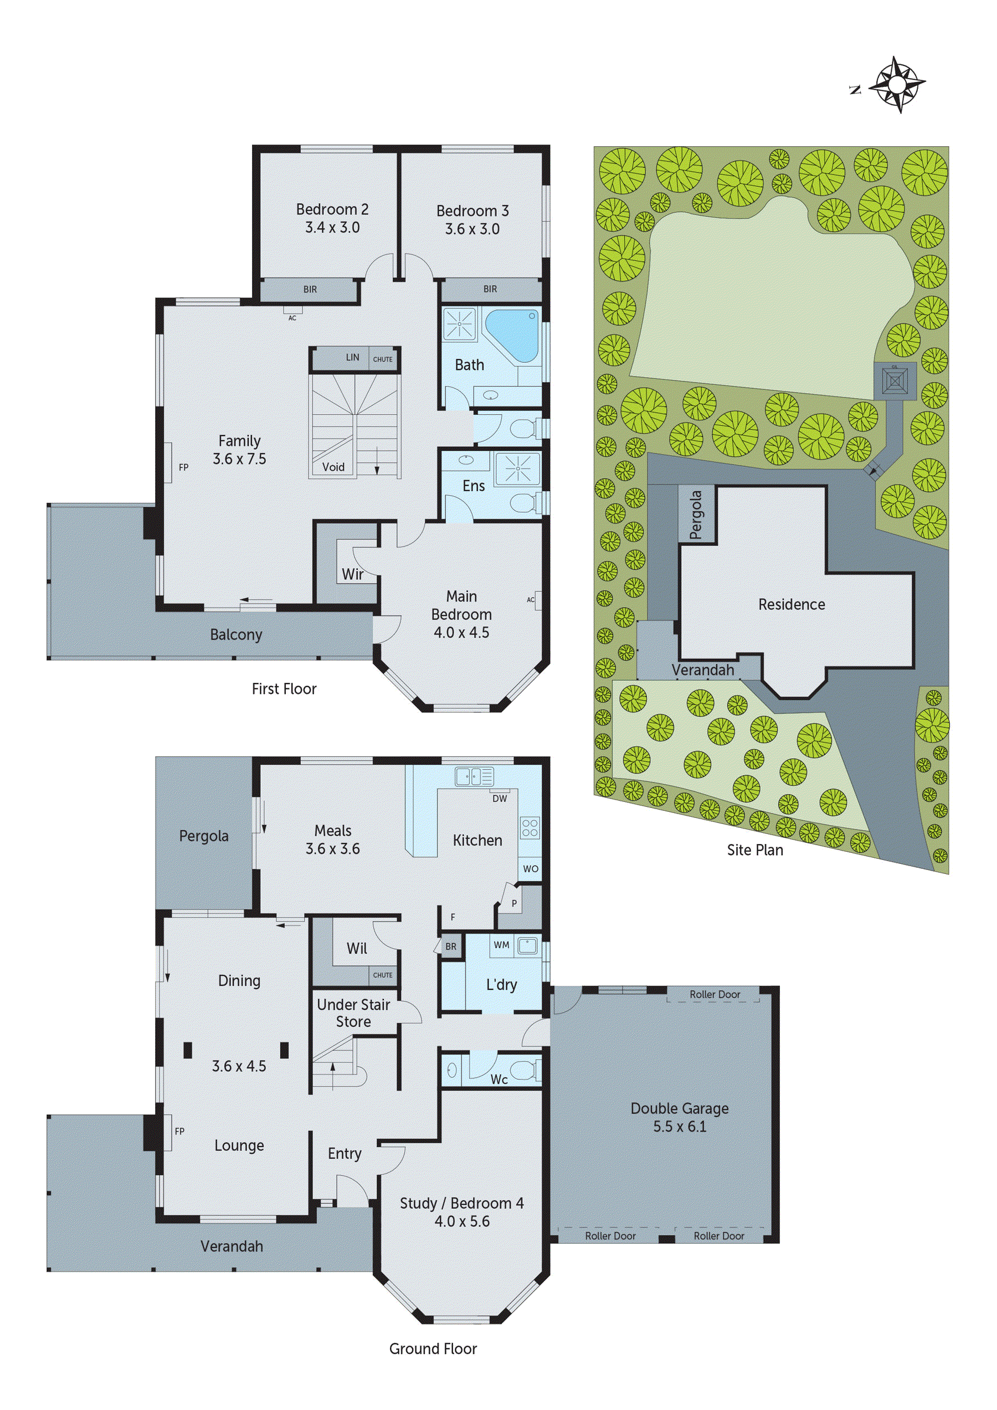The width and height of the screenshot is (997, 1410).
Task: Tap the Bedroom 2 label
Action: pos(332,209)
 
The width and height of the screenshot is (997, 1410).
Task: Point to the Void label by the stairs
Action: pos(333,467)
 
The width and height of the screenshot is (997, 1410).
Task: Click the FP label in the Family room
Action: pos(183,467)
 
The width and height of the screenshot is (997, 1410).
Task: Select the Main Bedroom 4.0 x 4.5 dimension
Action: pos(461,632)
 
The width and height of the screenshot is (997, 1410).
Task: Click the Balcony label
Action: pos(236,634)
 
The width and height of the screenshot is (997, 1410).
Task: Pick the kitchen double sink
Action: pos(474,777)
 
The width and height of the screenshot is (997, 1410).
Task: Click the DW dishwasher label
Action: pos(500,799)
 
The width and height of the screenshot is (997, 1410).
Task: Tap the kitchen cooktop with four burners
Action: pos(530,828)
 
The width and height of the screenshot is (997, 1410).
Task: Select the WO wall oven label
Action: pos(530,869)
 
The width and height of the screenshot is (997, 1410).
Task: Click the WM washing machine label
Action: pos(501,945)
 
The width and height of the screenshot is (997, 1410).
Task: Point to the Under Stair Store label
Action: pos(353,1013)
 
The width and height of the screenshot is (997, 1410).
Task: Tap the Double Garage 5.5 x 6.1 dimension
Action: pos(680,1127)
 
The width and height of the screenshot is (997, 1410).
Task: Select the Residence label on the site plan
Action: pos(791,604)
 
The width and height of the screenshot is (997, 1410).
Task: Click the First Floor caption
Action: pos(284,689)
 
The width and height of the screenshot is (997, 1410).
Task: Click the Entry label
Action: pos(344,1154)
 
